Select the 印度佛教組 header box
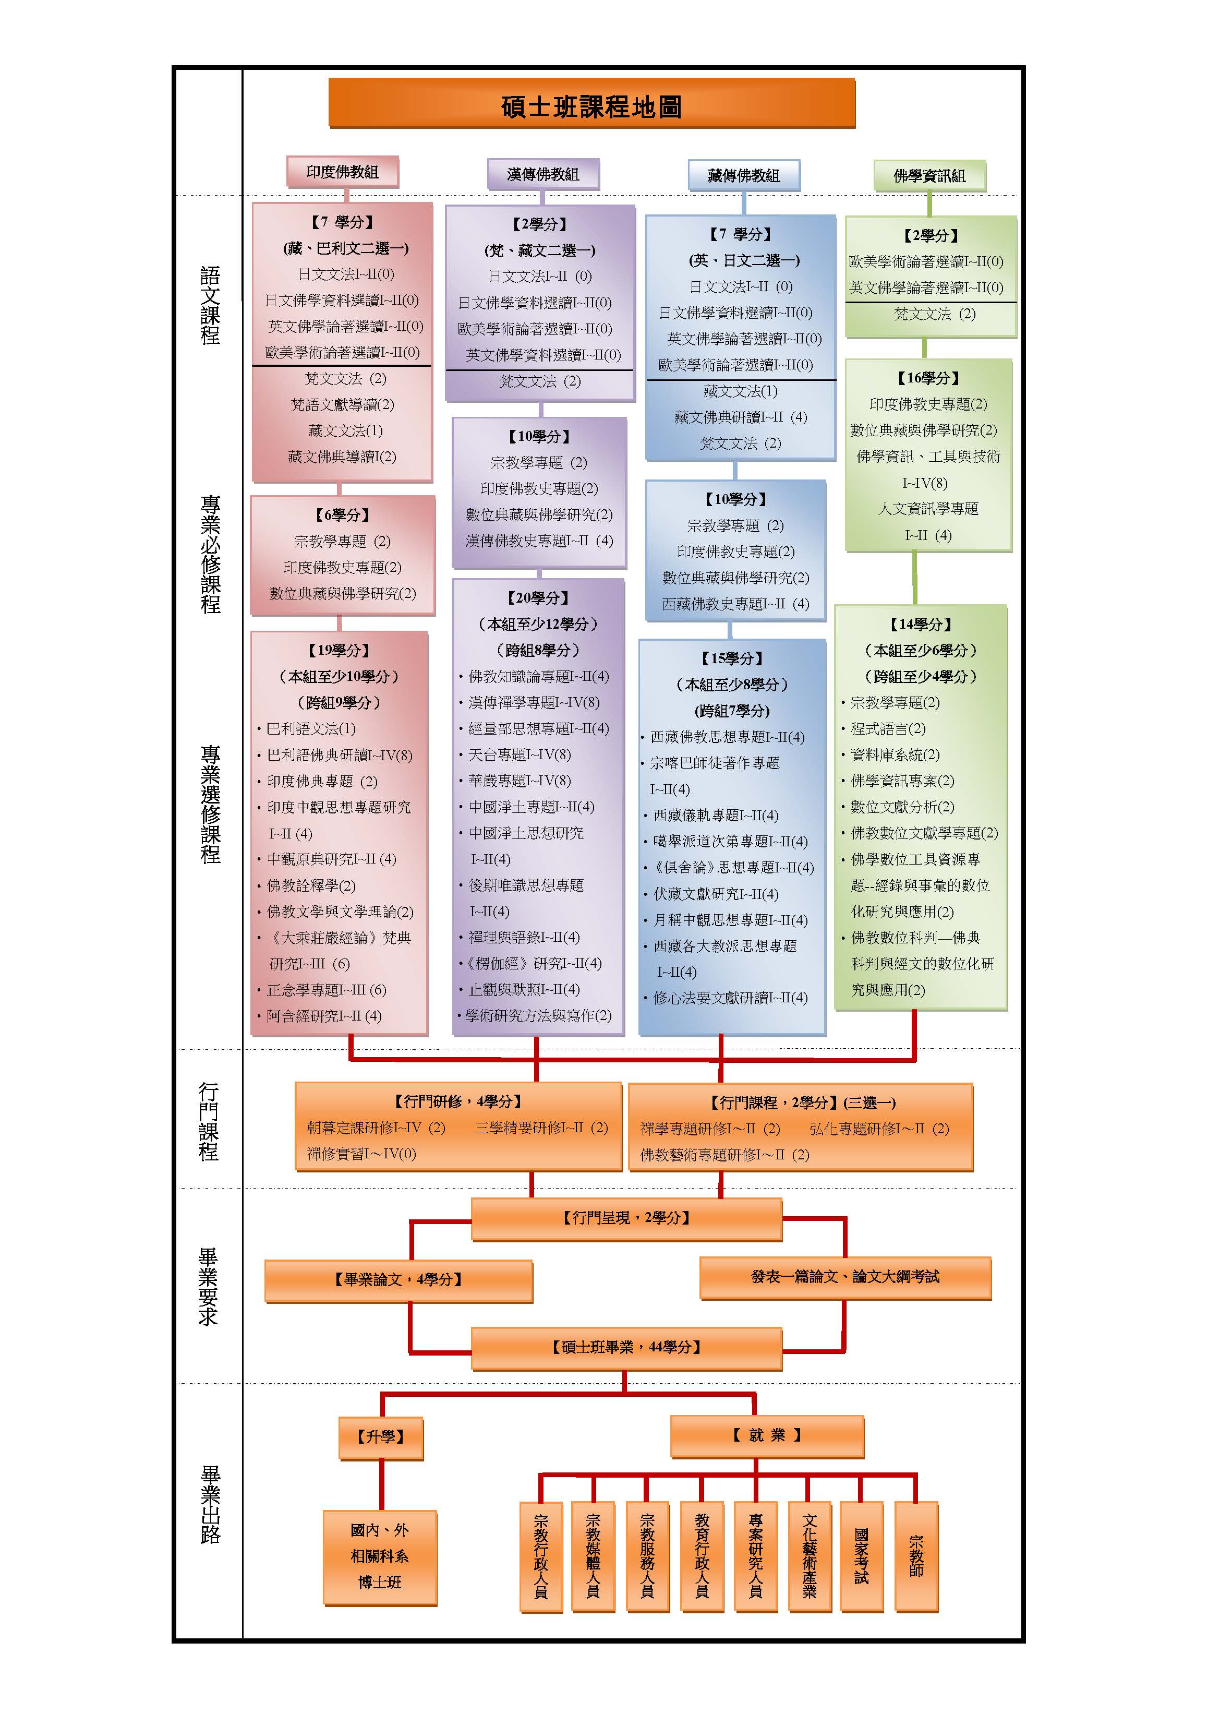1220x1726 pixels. (x=342, y=172)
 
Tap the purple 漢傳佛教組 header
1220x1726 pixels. (x=543, y=174)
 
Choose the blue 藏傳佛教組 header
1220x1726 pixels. (x=743, y=176)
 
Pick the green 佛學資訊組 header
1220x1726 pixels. (x=929, y=176)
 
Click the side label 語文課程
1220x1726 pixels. (x=211, y=305)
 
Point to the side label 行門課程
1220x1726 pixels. (x=209, y=1122)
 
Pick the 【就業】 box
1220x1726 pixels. (x=767, y=1436)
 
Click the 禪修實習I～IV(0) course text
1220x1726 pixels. (x=361, y=1154)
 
